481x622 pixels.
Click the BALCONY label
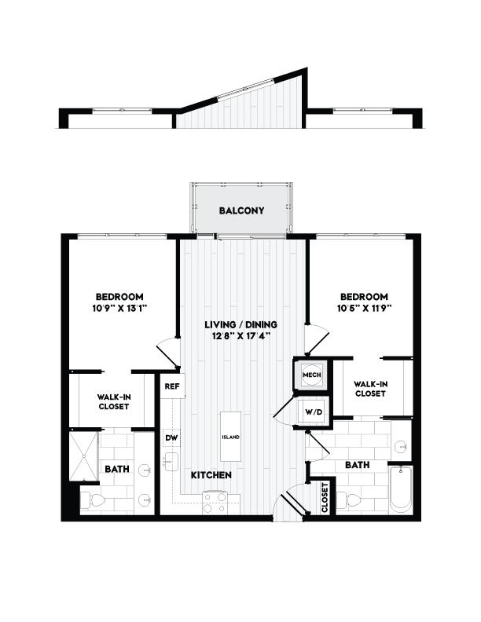click(241, 210)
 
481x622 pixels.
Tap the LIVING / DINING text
click(241, 324)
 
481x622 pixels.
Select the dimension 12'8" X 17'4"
click(241, 336)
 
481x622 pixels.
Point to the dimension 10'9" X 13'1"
click(119, 309)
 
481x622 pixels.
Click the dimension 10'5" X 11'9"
click(364, 309)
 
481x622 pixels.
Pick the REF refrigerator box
click(171, 386)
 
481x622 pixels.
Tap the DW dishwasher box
click(171, 437)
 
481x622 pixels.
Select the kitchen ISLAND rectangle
click(230, 437)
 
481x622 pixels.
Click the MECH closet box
click(307, 375)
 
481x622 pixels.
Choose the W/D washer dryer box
click(308, 410)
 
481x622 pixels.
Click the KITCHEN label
click(210, 475)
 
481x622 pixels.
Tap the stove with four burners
click(214, 502)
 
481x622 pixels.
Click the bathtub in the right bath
click(400, 489)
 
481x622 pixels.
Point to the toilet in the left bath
click(92, 499)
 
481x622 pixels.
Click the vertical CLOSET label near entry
click(325, 498)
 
